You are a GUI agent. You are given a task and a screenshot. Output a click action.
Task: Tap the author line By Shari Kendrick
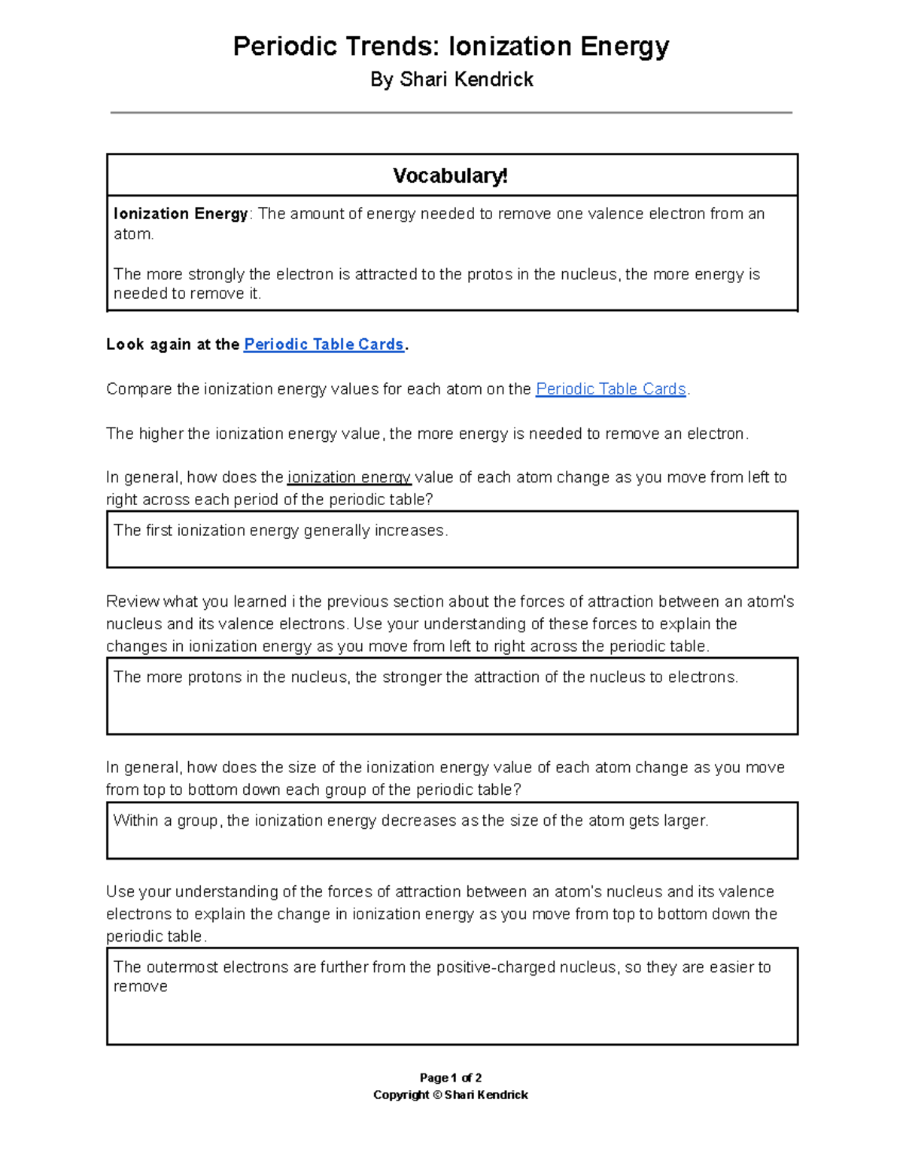coord(451,80)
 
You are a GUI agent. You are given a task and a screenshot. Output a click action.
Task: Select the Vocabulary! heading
coord(451,176)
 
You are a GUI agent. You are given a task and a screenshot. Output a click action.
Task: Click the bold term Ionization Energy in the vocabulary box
coord(181,214)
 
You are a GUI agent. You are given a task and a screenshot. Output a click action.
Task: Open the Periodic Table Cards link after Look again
coord(324,345)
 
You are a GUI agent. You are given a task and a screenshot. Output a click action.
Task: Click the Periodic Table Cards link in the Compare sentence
coord(610,389)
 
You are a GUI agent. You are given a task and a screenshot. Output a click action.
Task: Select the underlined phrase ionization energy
coord(349,477)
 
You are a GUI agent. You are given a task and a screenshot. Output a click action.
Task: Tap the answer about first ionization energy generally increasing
coord(281,531)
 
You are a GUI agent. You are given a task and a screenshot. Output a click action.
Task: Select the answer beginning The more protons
coord(425,677)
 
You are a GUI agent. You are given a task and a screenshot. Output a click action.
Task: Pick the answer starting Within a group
coord(410,820)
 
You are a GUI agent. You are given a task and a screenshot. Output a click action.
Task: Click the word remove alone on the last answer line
coord(140,987)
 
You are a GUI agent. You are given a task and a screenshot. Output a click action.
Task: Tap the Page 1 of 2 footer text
coord(451,1078)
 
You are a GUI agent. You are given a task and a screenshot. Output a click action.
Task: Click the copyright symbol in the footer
coord(437,1095)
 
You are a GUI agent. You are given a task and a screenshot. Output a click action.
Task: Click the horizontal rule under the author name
coord(451,113)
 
